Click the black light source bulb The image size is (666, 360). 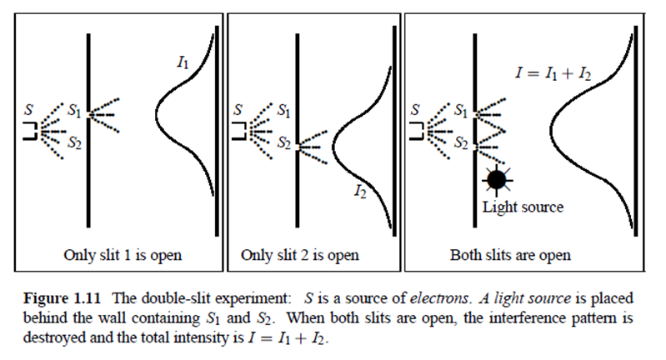(497, 177)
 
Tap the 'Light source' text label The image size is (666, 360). (523, 207)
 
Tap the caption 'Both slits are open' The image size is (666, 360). (510, 255)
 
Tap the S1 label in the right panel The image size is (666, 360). (461, 108)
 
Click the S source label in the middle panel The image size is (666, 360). (240, 108)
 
